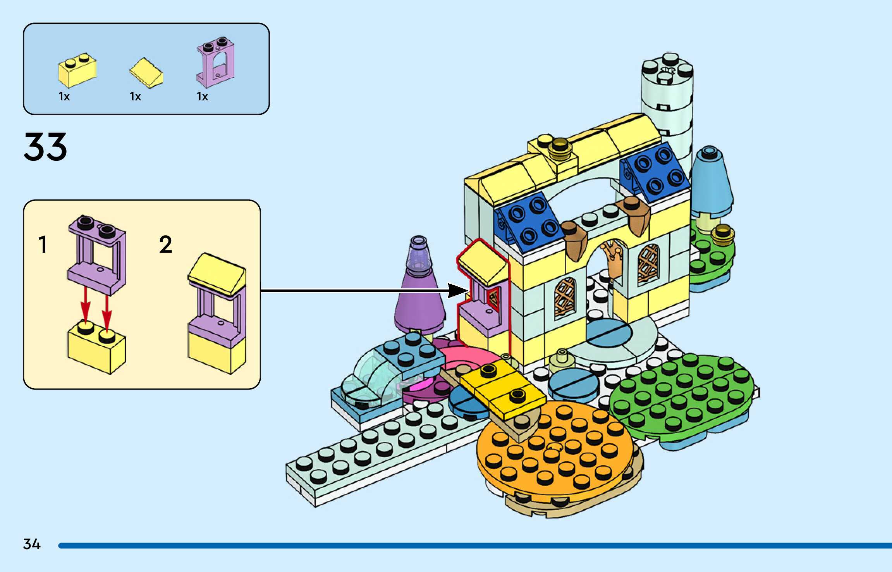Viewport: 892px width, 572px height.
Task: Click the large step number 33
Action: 45,147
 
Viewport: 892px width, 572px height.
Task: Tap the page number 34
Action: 32,544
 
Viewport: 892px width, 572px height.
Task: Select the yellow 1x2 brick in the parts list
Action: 77,71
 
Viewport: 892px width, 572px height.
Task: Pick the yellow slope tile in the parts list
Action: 146,73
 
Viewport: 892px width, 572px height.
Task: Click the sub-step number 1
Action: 43,245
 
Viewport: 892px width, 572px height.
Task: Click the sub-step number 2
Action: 165,245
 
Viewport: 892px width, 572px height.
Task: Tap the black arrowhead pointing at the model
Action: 457,290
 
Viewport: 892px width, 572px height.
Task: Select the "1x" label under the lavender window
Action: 202,96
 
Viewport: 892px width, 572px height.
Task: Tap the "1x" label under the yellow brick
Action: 64,96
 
